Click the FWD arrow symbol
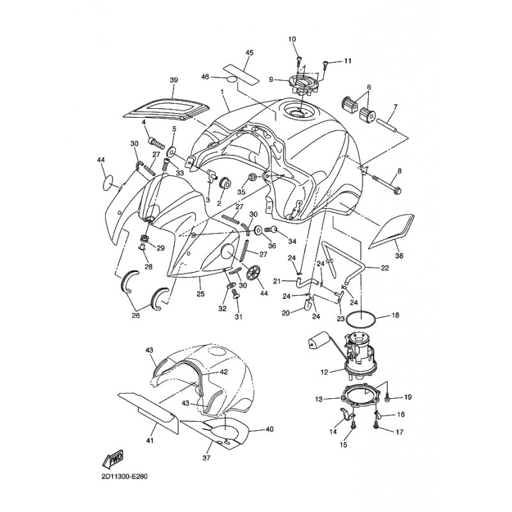(x=113, y=458)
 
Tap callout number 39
(x=155, y=80)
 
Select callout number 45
(x=249, y=52)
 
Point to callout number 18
(x=396, y=316)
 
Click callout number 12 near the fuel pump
(x=325, y=371)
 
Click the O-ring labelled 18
(x=363, y=318)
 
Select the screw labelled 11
(x=326, y=63)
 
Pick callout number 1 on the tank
(x=222, y=92)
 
